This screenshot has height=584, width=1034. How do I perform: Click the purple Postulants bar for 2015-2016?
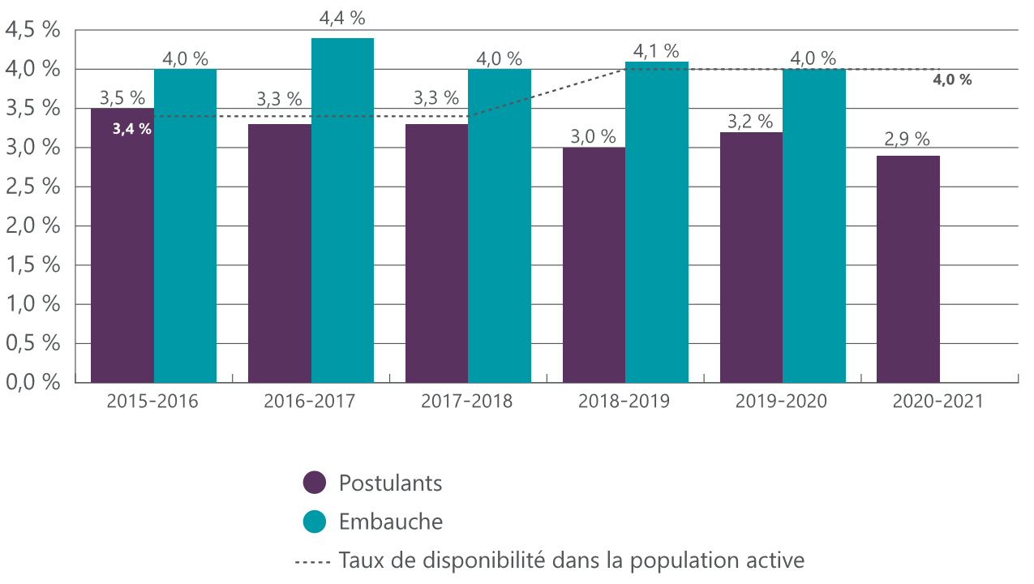coord(122,251)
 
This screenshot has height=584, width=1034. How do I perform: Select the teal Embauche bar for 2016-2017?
coord(342,211)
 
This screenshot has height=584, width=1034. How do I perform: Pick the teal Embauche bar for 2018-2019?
coord(656,223)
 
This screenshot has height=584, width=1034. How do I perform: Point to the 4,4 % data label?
coord(342,17)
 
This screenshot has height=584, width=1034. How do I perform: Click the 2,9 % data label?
coord(907,139)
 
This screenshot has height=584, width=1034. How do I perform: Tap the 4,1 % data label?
coord(656,51)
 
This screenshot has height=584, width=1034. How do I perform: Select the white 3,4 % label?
coord(132,128)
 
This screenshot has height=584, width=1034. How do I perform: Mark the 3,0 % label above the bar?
coord(594,135)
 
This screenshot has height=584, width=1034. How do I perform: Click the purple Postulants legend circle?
coord(315,483)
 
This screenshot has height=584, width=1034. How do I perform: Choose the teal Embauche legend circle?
coord(315,522)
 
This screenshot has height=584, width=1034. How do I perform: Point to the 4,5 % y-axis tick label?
coord(33,30)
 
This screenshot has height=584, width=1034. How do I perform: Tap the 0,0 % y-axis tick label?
coord(33,382)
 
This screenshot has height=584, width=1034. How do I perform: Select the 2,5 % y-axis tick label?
coord(33,187)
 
